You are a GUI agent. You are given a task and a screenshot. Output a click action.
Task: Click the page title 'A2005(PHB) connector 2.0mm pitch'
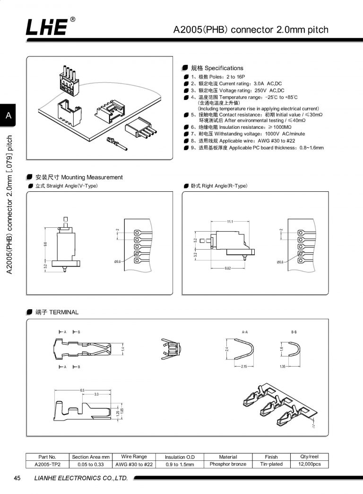[251, 30]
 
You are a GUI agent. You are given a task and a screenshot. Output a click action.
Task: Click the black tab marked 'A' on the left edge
[8, 115]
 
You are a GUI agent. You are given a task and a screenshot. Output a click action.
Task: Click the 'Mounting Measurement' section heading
[78, 177]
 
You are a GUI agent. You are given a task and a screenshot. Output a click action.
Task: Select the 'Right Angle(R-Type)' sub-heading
[218, 186]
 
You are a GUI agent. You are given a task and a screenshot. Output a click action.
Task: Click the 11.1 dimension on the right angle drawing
[230, 222]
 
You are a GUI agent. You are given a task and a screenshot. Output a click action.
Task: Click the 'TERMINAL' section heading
[56, 313]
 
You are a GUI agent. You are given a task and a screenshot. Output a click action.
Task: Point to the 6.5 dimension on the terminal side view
[82, 390]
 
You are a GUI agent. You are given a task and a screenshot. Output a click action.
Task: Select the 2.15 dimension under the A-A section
[244, 367]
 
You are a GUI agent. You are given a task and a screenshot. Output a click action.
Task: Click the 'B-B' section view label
[294, 332]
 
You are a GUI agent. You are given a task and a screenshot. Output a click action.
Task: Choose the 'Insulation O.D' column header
[180, 457]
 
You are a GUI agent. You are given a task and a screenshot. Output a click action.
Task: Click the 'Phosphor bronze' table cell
[228, 464]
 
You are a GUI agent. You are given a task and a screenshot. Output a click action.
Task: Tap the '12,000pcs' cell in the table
[310, 464]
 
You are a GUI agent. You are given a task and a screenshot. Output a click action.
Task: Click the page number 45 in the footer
[17, 478]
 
